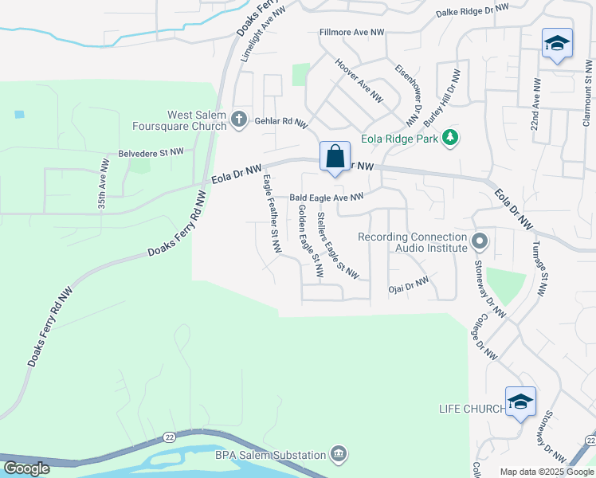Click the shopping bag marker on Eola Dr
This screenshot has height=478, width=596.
(x=335, y=156)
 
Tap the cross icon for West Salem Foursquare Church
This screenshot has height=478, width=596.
(x=238, y=119)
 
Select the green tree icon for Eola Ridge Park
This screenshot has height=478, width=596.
(x=451, y=138)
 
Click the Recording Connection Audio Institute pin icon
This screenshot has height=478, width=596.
(x=480, y=241)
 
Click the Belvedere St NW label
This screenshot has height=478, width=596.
(x=151, y=151)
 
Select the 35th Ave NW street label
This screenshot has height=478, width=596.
(x=103, y=182)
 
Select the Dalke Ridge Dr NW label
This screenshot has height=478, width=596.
(x=472, y=11)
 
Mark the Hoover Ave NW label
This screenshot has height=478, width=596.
(x=359, y=80)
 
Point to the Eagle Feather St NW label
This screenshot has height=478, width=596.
(x=271, y=214)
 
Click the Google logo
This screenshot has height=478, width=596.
(x=26, y=468)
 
